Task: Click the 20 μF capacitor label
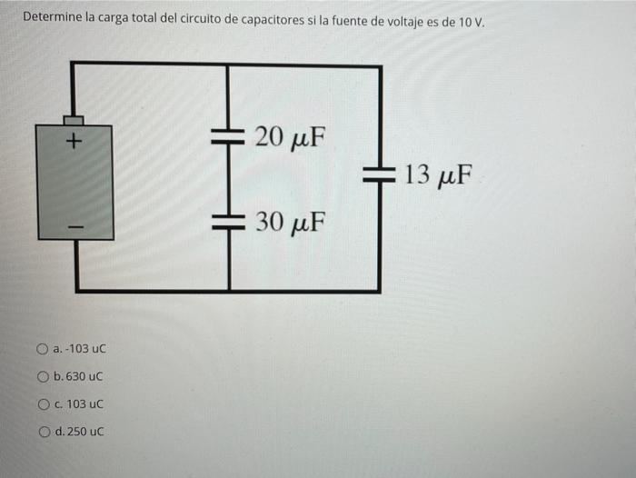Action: pos(289,138)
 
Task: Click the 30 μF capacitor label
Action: pos(289,222)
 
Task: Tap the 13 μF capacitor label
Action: pos(439,174)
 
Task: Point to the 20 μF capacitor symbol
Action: pos(228,137)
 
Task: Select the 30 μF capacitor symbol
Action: pos(228,221)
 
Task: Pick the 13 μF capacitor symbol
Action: pos(380,173)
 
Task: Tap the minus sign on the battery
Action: pos(75,224)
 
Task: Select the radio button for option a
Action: pos(42,349)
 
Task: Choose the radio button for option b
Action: pos(43,376)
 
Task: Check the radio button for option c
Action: pos(43,403)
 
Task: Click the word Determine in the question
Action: pos(52,17)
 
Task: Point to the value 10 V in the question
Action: pos(470,18)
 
